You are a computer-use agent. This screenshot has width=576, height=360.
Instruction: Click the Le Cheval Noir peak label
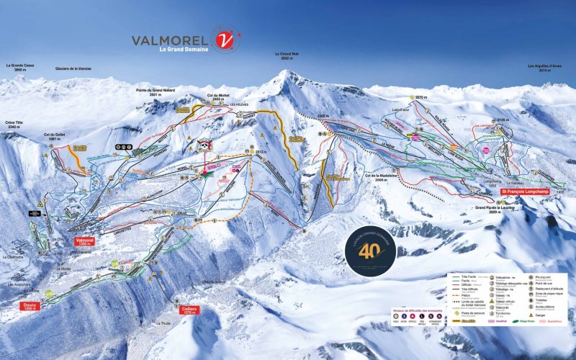(x=287, y=56)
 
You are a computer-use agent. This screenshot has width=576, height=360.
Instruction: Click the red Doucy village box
(x=29, y=305)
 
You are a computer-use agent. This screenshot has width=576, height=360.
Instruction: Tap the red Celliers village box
(x=189, y=310)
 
